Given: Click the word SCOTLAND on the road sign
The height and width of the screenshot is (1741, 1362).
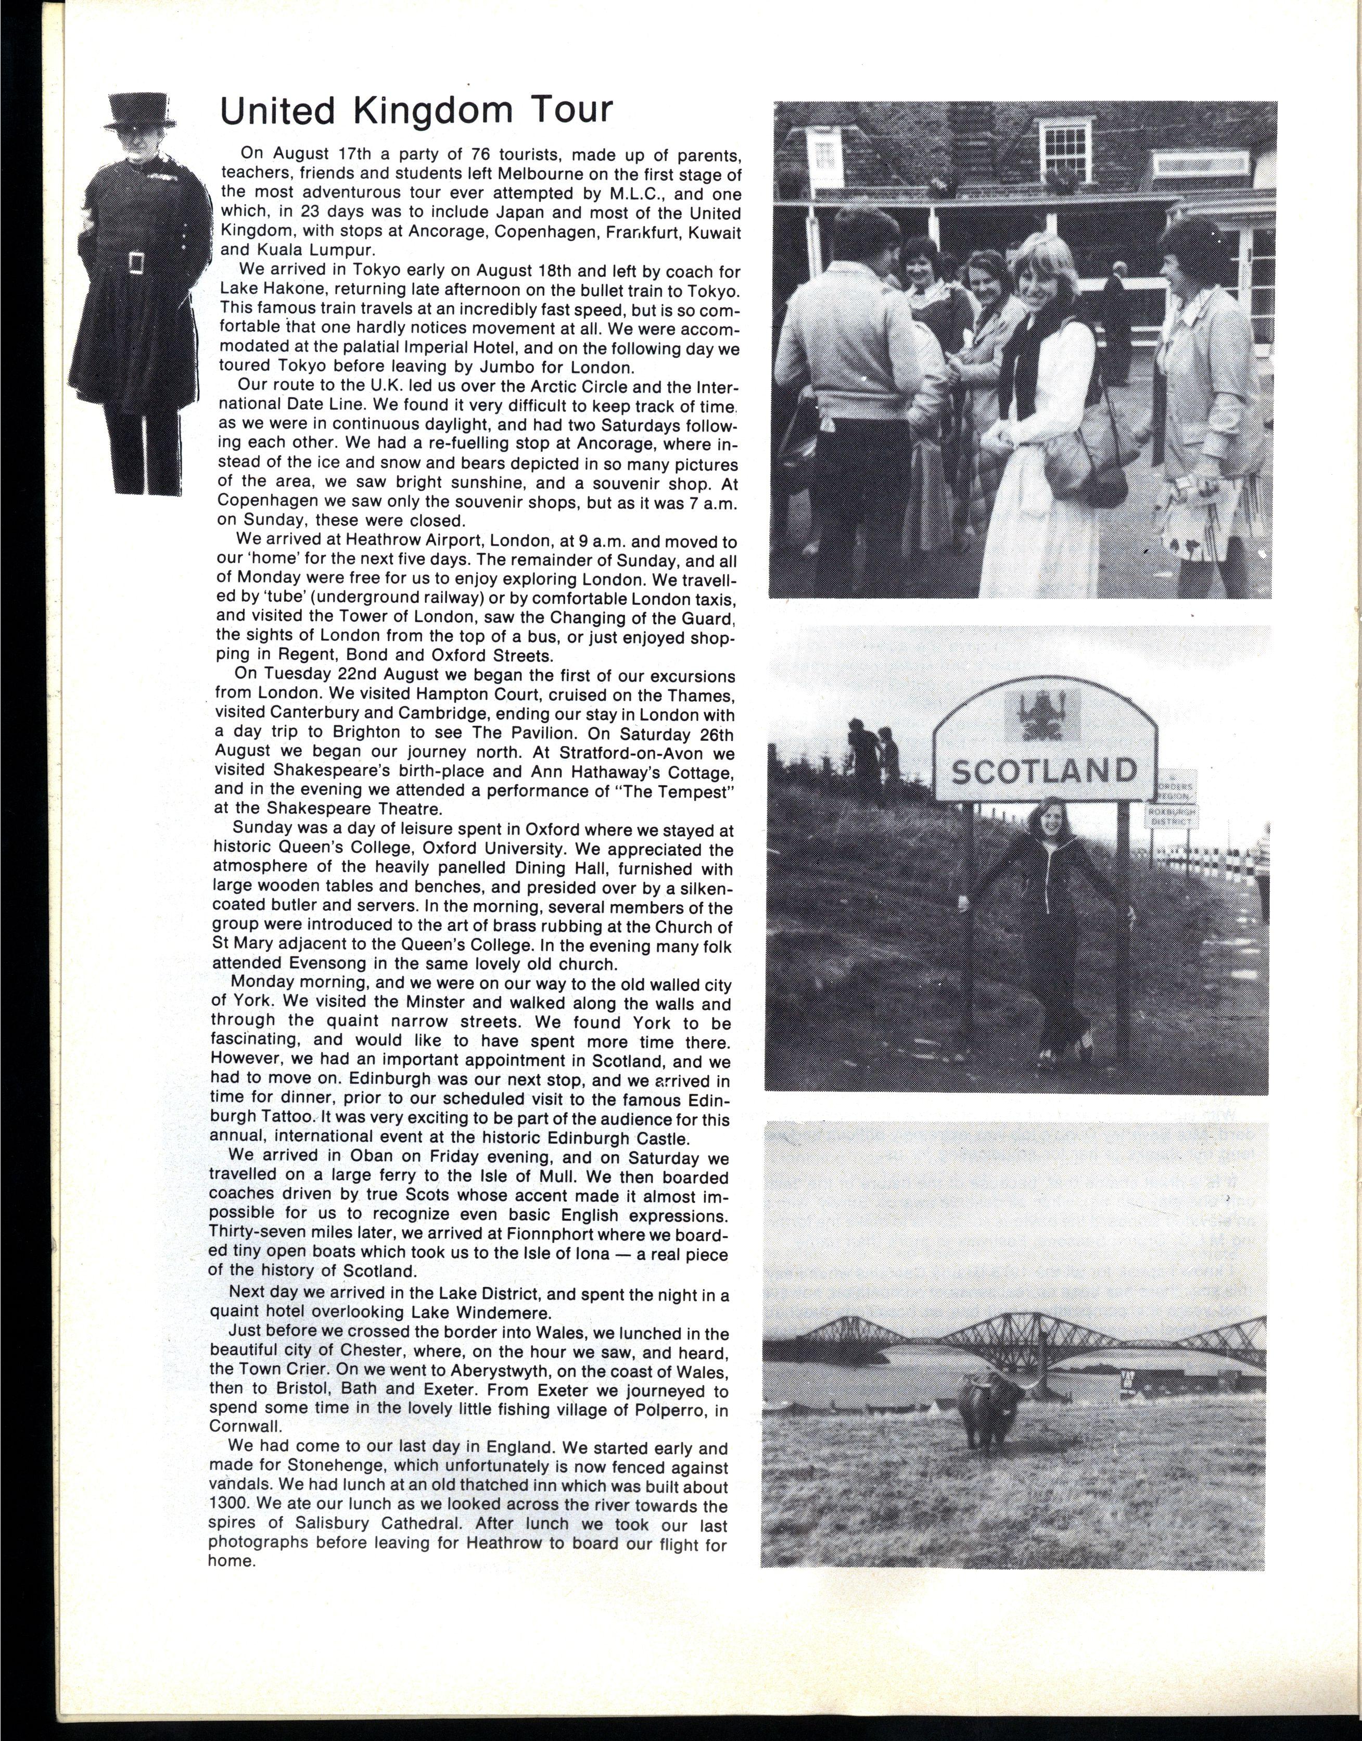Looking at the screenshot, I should pyautogui.click(x=1045, y=771).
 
